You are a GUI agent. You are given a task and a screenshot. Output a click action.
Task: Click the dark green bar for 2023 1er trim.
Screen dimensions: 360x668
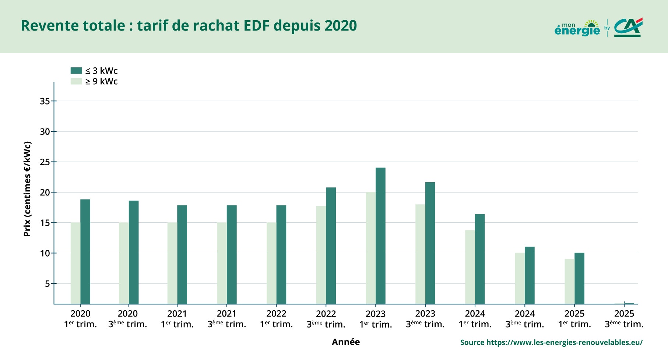coord(380,236)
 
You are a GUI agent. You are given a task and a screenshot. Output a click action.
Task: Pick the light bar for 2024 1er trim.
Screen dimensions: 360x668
coord(470,267)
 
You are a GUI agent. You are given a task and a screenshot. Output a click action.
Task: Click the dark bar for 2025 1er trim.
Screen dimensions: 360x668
coord(579,278)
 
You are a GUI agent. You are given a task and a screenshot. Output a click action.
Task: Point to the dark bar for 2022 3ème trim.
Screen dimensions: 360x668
coord(331,246)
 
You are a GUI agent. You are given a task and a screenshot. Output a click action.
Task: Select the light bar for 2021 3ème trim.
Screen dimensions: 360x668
coord(222,263)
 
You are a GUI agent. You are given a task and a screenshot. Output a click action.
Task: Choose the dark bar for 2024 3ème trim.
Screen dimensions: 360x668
coord(530,275)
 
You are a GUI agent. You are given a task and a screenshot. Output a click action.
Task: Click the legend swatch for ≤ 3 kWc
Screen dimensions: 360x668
coord(76,71)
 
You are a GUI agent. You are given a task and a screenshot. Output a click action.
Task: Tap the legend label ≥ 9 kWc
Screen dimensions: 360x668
coord(101,81)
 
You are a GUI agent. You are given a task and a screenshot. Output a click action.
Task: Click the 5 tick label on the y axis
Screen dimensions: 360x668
coord(47,284)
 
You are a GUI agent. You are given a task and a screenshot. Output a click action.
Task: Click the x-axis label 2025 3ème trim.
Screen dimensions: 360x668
coord(624,319)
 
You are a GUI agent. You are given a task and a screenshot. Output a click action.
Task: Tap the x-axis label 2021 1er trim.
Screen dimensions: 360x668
coord(177,319)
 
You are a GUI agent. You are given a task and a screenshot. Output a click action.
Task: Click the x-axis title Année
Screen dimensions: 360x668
coord(345,342)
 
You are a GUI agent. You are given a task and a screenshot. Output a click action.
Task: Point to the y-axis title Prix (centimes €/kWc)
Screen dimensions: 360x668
coord(27,189)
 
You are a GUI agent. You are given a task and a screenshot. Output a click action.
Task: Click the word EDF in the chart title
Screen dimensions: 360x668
coord(256,26)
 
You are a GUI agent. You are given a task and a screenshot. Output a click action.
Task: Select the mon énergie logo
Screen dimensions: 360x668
coord(577,28)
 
